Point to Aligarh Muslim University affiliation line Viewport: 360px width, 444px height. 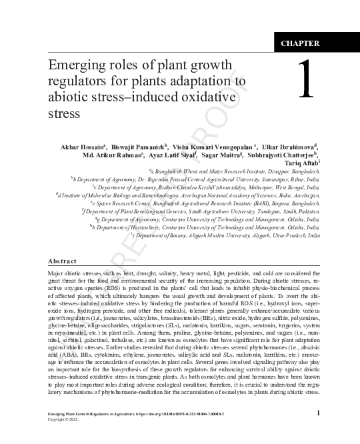pyautogui.click(x=254, y=236)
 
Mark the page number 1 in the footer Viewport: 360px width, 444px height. pyautogui.click(x=318, y=414)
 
